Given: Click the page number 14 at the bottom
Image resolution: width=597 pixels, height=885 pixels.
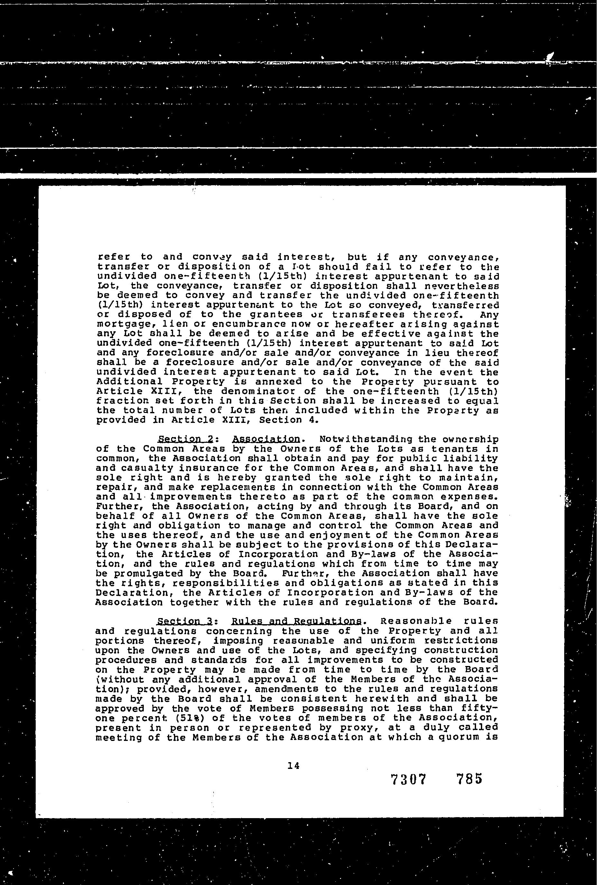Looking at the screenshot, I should click(294, 765).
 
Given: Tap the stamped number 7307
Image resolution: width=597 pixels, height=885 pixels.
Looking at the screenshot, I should click(408, 780).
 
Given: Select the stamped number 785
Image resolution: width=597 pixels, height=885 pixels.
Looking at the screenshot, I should click(469, 779).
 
